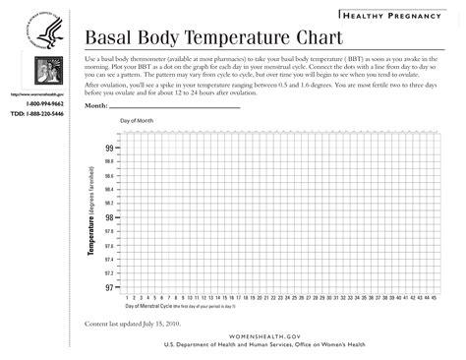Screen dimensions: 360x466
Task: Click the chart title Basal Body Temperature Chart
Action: coord(213,38)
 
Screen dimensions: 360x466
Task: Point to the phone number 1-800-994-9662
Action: coord(44,102)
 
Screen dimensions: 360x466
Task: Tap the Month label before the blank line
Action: coord(95,105)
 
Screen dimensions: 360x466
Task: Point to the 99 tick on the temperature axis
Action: coord(109,148)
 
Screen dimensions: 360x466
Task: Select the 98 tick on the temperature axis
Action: coord(109,217)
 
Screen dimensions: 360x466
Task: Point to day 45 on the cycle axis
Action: coord(434,295)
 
